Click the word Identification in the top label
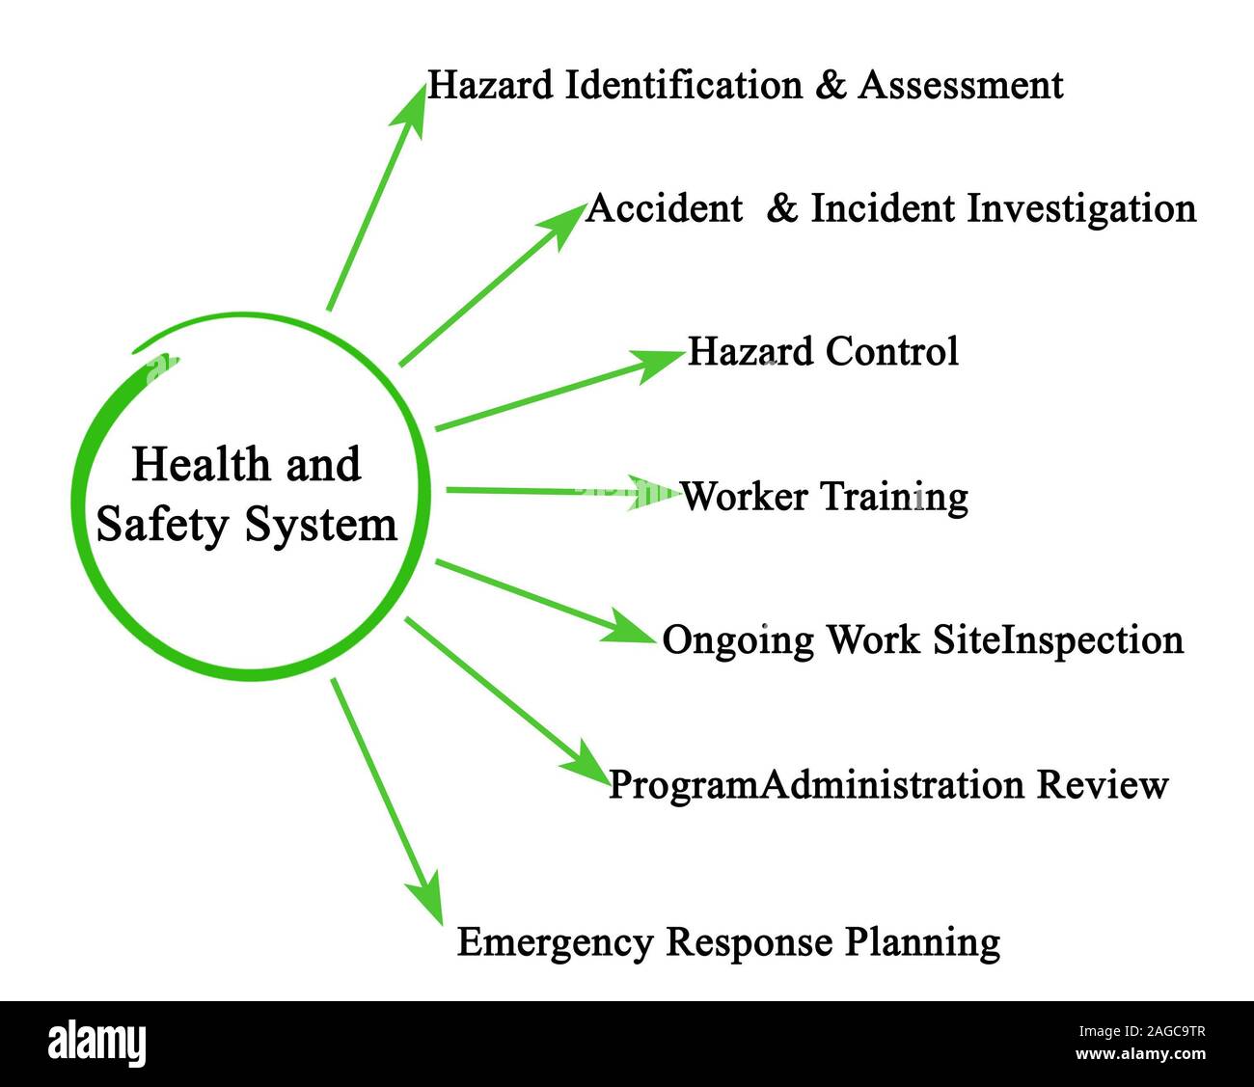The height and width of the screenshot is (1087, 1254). coord(683,86)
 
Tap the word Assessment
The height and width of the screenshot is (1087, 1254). coord(961,86)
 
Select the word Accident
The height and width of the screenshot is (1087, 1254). coord(665,208)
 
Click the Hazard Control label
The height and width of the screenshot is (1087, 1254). coord(823,352)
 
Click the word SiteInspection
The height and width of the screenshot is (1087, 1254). coord(1058,640)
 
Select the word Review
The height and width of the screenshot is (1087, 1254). coord(1103,785)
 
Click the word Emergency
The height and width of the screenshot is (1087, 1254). coord(555,942)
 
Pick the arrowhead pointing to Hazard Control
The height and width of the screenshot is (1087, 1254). coord(660,364)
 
